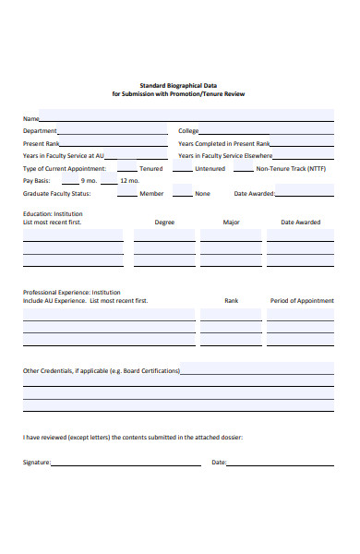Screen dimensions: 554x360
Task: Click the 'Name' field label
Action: coord(30,118)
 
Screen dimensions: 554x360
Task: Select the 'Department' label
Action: coord(40,131)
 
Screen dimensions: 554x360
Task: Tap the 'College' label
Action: coord(188,131)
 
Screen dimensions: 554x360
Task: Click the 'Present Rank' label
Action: coord(42,144)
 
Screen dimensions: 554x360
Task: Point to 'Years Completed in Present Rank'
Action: coord(223,144)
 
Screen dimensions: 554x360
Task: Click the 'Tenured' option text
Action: coord(150,169)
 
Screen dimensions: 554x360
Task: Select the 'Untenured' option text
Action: coord(210,169)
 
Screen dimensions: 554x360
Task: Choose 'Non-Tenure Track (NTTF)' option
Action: coord(291,169)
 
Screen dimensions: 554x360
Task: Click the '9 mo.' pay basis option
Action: coord(90,181)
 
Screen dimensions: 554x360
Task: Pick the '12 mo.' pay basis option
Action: coord(128,181)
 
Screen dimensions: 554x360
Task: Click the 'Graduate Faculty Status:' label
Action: coord(56,194)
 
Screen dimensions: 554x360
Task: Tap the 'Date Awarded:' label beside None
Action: coord(254,194)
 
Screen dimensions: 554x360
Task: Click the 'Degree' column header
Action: coord(164,223)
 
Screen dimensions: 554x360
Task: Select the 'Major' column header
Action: coord(231,223)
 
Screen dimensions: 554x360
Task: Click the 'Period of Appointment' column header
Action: coord(301,301)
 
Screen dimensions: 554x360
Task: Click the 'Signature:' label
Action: coord(37,462)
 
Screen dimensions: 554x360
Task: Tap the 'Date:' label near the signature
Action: coord(219,462)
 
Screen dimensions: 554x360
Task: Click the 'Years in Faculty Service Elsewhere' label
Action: coord(225,156)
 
